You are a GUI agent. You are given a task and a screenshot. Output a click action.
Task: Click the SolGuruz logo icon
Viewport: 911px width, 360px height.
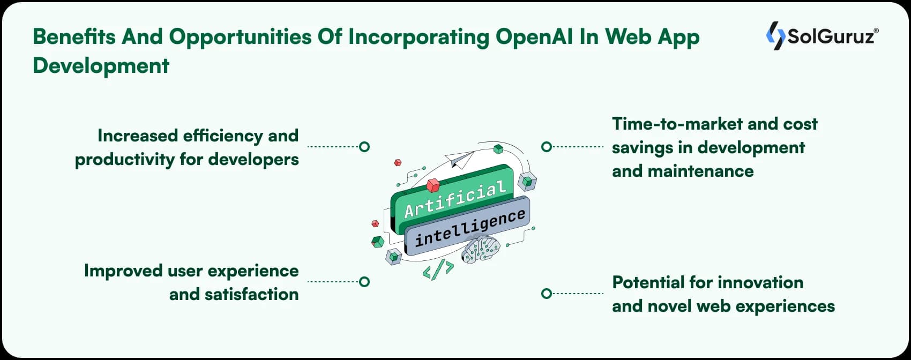point(775,36)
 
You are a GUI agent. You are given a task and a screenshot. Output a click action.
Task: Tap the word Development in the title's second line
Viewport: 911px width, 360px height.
point(101,65)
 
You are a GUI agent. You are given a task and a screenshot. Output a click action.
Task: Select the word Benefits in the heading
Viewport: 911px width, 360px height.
point(74,36)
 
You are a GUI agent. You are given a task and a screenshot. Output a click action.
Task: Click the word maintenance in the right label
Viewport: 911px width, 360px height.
point(700,171)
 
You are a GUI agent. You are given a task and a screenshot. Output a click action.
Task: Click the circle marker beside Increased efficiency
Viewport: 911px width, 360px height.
point(364,146)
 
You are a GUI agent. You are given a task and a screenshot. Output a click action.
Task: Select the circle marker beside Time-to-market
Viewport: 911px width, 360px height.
point(546,146)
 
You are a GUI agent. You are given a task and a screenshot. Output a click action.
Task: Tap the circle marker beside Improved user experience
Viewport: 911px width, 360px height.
point(364,281)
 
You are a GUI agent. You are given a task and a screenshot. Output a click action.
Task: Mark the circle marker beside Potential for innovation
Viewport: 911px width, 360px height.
point(546,294)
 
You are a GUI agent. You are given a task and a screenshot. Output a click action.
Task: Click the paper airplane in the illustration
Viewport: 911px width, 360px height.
point(459,159)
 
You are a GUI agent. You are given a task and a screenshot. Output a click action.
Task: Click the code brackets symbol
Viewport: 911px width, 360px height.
point(438,269)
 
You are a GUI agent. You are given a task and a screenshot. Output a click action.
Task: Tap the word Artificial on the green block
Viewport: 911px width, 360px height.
point(455,199)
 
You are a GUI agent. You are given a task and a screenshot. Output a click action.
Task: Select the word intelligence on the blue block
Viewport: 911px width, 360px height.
point(470,228)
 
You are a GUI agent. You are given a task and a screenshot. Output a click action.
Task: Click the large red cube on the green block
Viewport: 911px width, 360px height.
point(433,185)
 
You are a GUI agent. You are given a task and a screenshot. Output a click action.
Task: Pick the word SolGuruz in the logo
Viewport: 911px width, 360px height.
point(830,36)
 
